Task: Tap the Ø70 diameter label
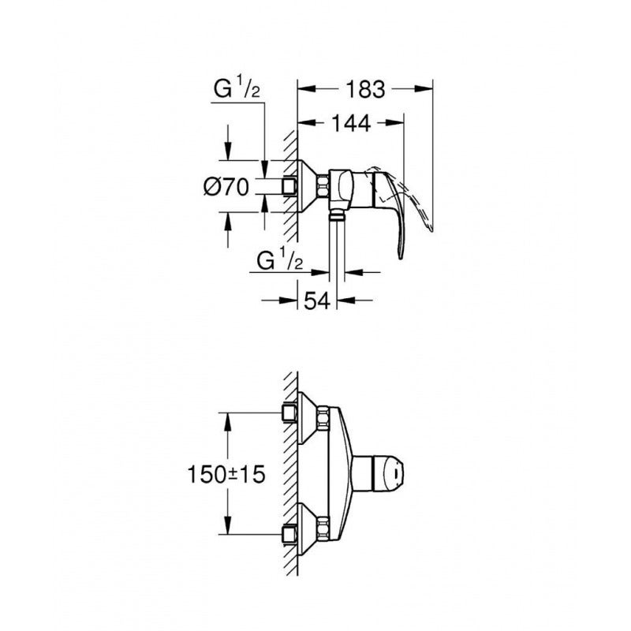click(x=226, y=187)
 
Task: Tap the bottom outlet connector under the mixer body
click(x=337, y=214)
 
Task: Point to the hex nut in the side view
click(x=323, y=187)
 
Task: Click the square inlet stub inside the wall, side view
click(x=289, y=187)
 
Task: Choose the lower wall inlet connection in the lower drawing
click(x=289, y=532)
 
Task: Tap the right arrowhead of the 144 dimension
click(x=398, y=122)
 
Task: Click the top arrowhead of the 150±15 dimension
click(x=229, y=419)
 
